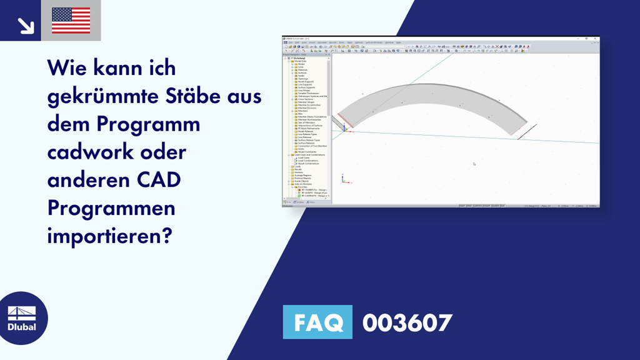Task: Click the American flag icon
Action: tap(71, 20)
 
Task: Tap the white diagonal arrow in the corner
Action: tap(25, 25)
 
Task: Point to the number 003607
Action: tap(407, 322)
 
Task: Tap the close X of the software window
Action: tap(596, 39)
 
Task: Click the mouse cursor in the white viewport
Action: tap(474, 164)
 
